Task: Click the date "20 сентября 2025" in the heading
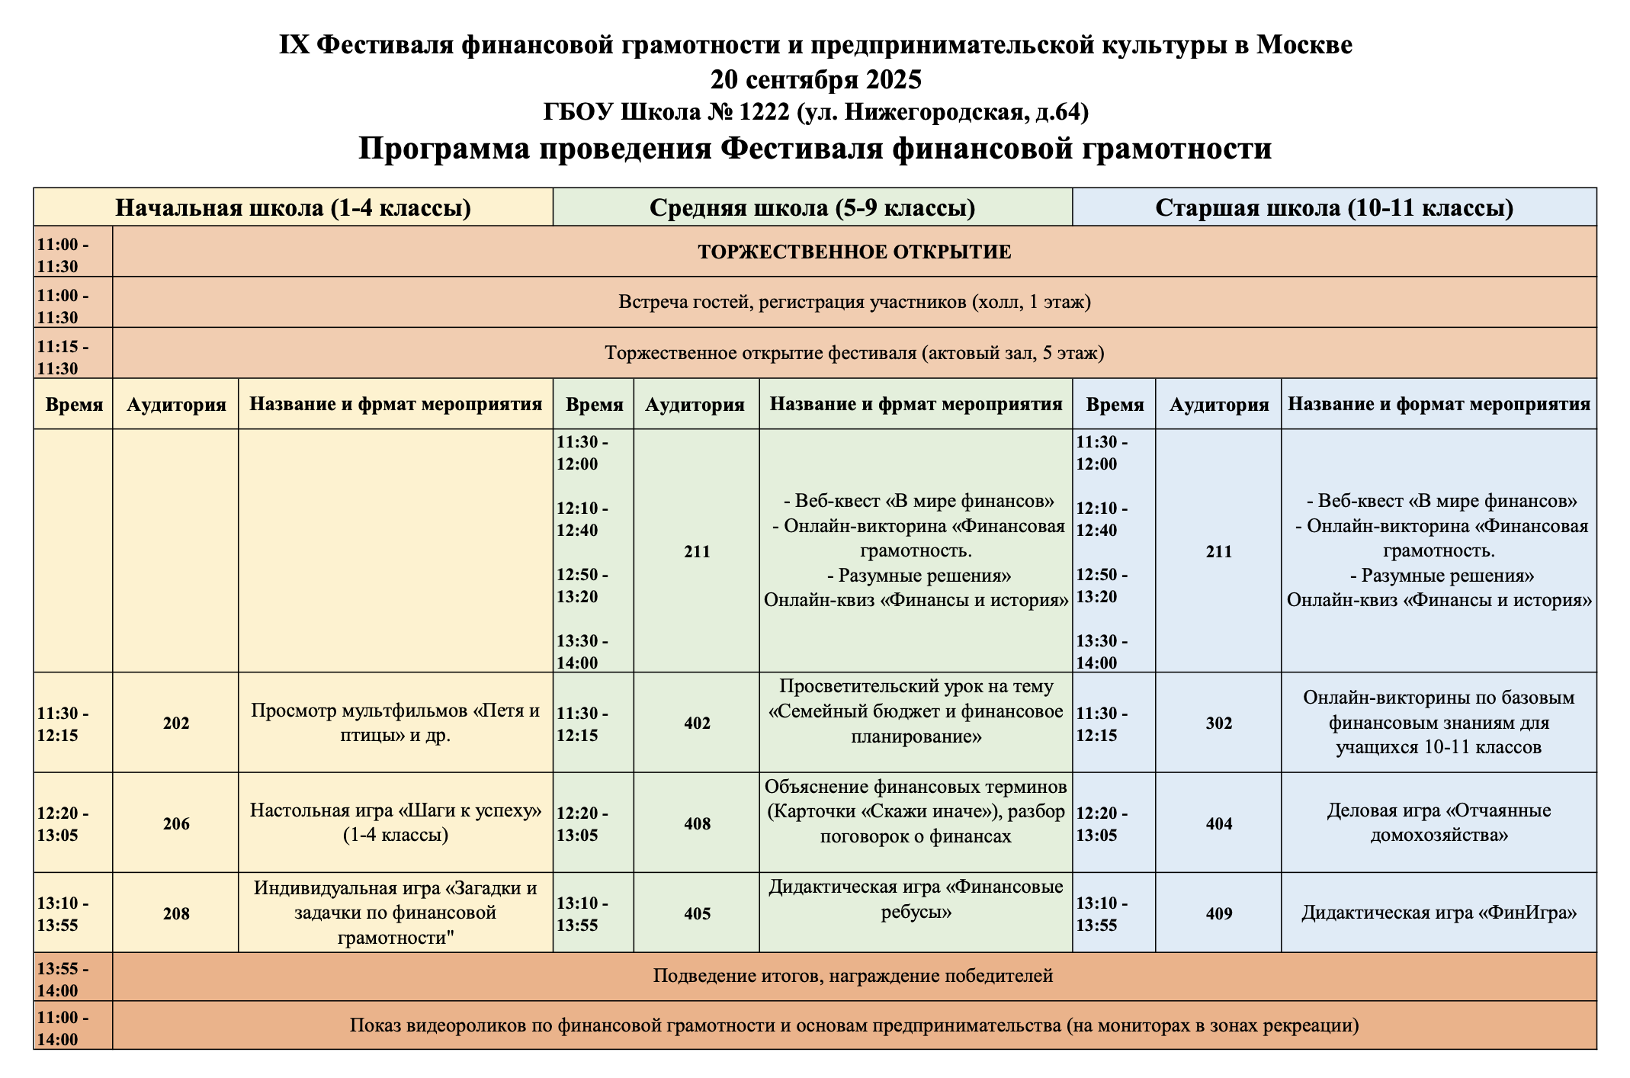(x=815, y=79)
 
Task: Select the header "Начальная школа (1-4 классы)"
(x=293, y=207)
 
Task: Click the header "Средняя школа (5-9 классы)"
(x=812, y=207)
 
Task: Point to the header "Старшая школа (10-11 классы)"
(x=1333, y=207)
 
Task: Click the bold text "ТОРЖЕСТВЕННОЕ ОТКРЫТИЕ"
(x=854, y=252)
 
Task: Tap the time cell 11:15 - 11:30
(x=63, y=357)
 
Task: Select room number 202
(x=176, y=723)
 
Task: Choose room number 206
(x=176, y=823)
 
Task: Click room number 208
(x=176, y=913)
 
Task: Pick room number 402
(x=697, y=723)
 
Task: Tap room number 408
(x=697, y=823)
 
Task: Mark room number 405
(x=697, y=913)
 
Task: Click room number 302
(x=1218, y=723)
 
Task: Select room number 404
(x=1218, y=823)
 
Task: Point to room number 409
(x=1218, y=913)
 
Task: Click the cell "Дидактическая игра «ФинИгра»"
(x=1439, y=913)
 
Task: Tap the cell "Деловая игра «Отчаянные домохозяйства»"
(x=1439, y=823)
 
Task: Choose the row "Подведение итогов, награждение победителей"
(x=852, y=976)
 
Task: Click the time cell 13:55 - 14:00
(x=63, y=980)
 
